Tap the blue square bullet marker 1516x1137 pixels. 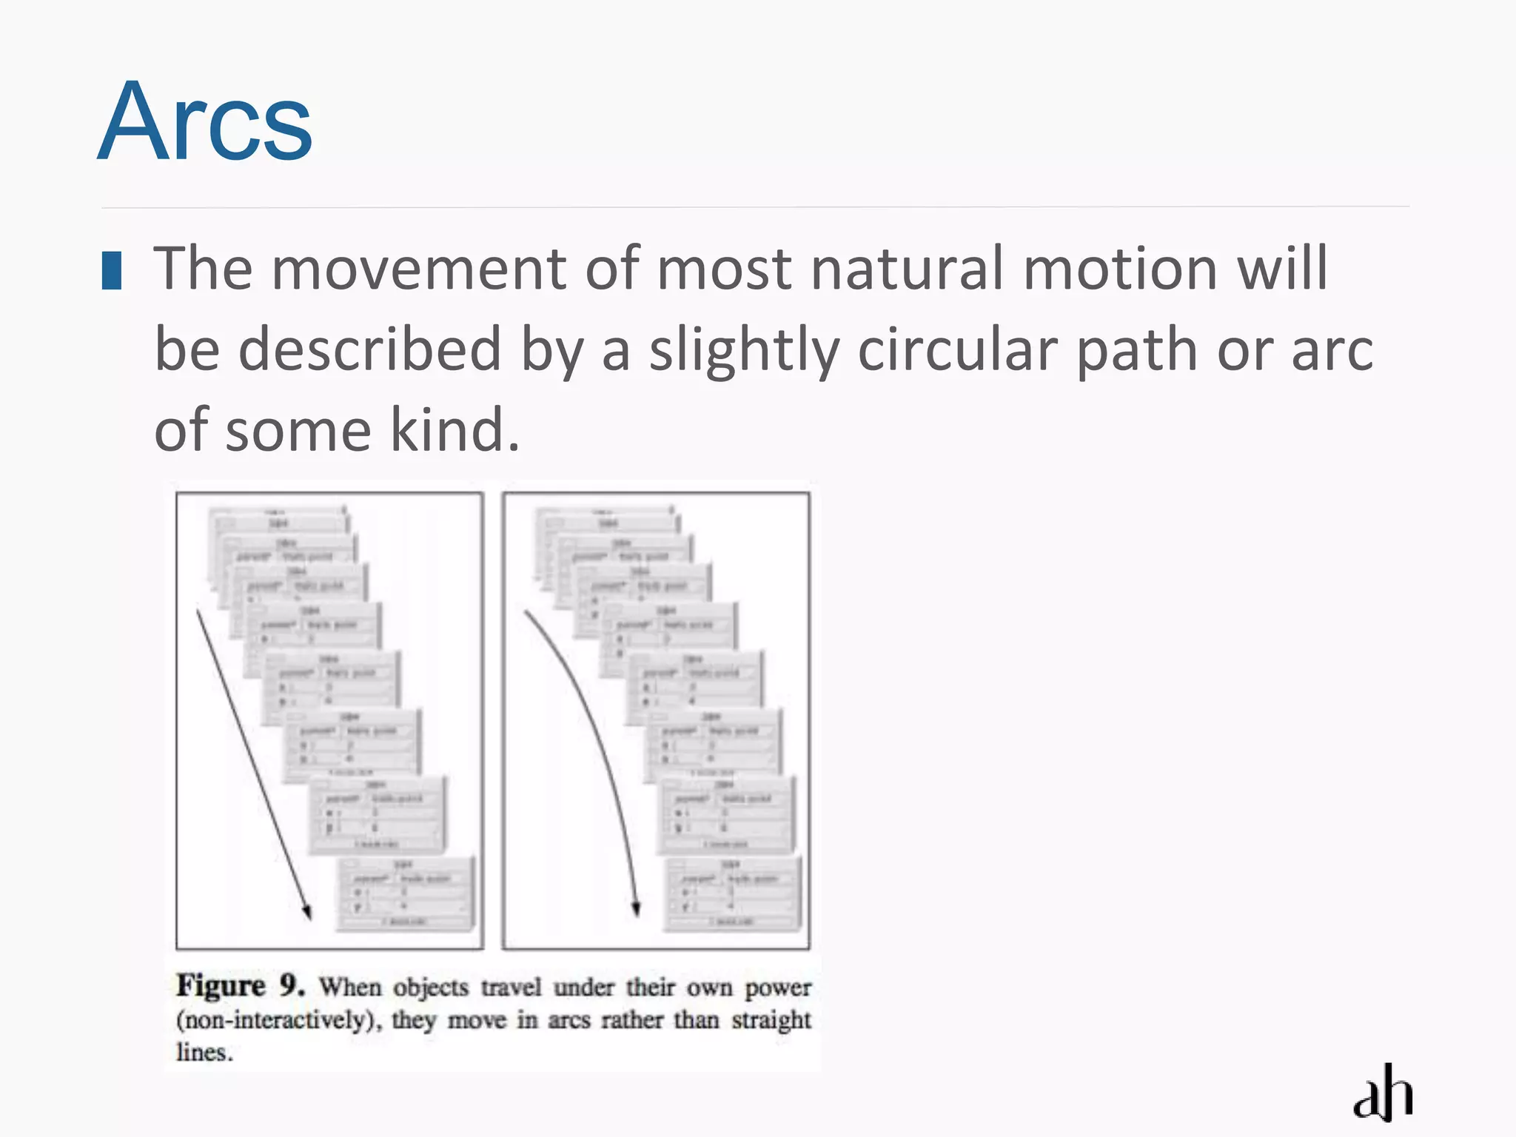112,271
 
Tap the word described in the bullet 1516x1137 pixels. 370,350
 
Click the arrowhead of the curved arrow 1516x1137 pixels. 635,909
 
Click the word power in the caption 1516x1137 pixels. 777,987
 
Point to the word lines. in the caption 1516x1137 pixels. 204,1052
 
